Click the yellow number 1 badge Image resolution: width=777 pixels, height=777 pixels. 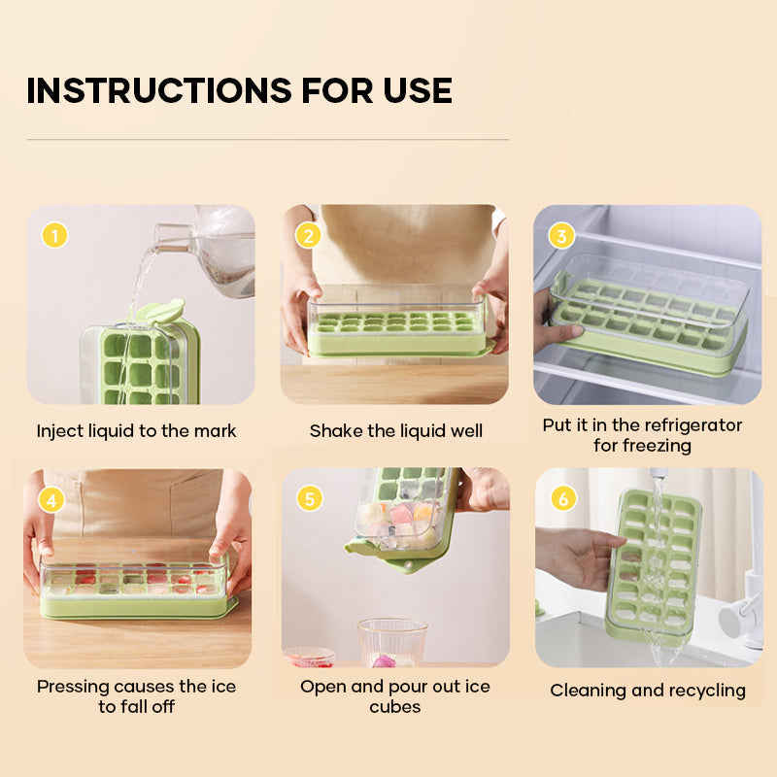[x=54, y=235]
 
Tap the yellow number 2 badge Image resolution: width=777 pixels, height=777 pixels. [x=308, y=235]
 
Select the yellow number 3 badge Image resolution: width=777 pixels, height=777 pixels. [x=561, y=235]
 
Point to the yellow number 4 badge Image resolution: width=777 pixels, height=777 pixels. [x=51, y=500]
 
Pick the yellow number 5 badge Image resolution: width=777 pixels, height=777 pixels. [x=310, y=498]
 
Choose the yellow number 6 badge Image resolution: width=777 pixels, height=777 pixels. [x=563, y=498]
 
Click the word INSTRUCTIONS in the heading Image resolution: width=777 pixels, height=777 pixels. [x=158, y=90]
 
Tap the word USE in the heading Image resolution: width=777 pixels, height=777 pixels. [x=418, y=90]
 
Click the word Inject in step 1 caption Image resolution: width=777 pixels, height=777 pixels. [x=60, y=431]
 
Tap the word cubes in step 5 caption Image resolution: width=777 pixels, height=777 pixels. [x=395, y=707]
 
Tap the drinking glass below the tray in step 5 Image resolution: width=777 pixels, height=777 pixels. [x=392, y=642]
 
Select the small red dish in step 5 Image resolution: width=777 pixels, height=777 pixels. [x=309, y=658]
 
